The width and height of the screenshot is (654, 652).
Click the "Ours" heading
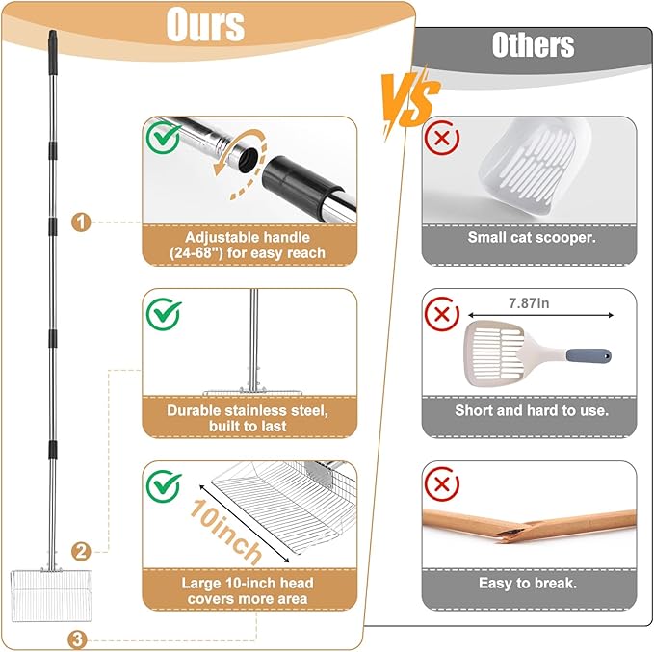pyautogui.click(x=205, y=24)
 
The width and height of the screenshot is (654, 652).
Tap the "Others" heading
pyautogui.click(x=533, y=44)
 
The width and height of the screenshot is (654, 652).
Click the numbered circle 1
pyautogui.click(x=81, y=222)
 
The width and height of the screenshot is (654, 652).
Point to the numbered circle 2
pyautogui.click(x=81, y=552)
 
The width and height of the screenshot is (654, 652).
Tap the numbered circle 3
pyautogui.click(x=78, y=639)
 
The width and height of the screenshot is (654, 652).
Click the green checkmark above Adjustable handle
pyautogui.click(x=164, y=138)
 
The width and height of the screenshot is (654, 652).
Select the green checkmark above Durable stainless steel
pyautogui.click(x=164, y=314)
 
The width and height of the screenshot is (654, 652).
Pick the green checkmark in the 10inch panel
pyautogui.click(x=164, y=485)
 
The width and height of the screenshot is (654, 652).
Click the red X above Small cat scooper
pyautogui.click(x=442, y=138)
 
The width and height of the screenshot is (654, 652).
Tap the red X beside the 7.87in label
pyautogui.click(x=442, y=314)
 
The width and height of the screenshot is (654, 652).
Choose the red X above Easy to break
pyautogui.click(x=442, y=483)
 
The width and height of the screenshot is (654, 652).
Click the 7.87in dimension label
pyautogui.click(x=529, y=303)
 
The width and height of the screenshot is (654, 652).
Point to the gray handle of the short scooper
pyautogui.click(x=589, y=355)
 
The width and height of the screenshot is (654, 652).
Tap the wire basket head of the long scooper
pyautogui.click(x=51, y=595)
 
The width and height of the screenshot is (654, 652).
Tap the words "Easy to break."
pyautogui.click(x=528, y=583)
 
